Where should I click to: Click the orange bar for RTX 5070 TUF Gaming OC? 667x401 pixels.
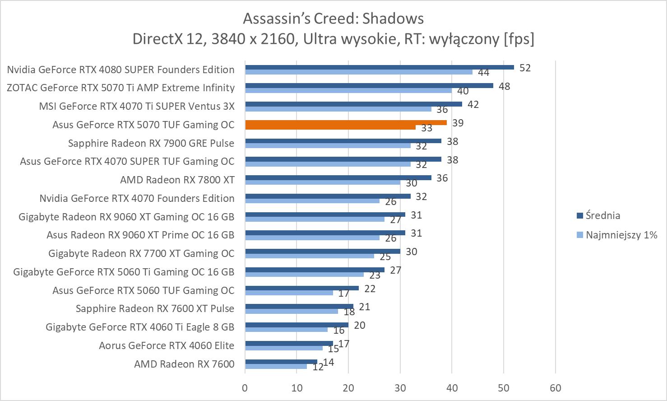[346, 123]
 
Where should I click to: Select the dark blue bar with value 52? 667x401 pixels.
[379, 67]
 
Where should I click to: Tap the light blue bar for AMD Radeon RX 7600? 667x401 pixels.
[276, 366]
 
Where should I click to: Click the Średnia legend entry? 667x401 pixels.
[602, 215]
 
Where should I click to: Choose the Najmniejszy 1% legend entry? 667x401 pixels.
[621, 235]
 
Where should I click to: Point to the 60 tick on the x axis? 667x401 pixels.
[555, 388]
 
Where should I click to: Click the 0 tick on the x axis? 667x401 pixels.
[245, 388]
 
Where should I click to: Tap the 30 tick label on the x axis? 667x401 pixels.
[400, 388]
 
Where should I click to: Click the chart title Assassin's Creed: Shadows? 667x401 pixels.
[333, 19]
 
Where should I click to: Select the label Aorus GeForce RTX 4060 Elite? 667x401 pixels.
[167, 345]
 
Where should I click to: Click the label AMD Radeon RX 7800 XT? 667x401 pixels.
[177, 180]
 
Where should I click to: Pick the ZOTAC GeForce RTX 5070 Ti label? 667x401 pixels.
[120, 88]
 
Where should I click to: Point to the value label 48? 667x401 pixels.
[504, 86]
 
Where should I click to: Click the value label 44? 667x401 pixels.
[483, 73]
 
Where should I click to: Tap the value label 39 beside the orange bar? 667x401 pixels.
[458, 123]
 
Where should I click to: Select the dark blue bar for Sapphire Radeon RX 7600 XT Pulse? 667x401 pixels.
[299, 307]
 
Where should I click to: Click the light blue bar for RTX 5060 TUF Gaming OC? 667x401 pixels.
[289, 293]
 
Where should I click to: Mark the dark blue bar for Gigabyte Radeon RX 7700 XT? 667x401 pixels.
[323, 252]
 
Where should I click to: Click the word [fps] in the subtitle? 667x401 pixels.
[519, 39]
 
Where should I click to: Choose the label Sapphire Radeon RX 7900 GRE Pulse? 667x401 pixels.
[151, 143]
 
